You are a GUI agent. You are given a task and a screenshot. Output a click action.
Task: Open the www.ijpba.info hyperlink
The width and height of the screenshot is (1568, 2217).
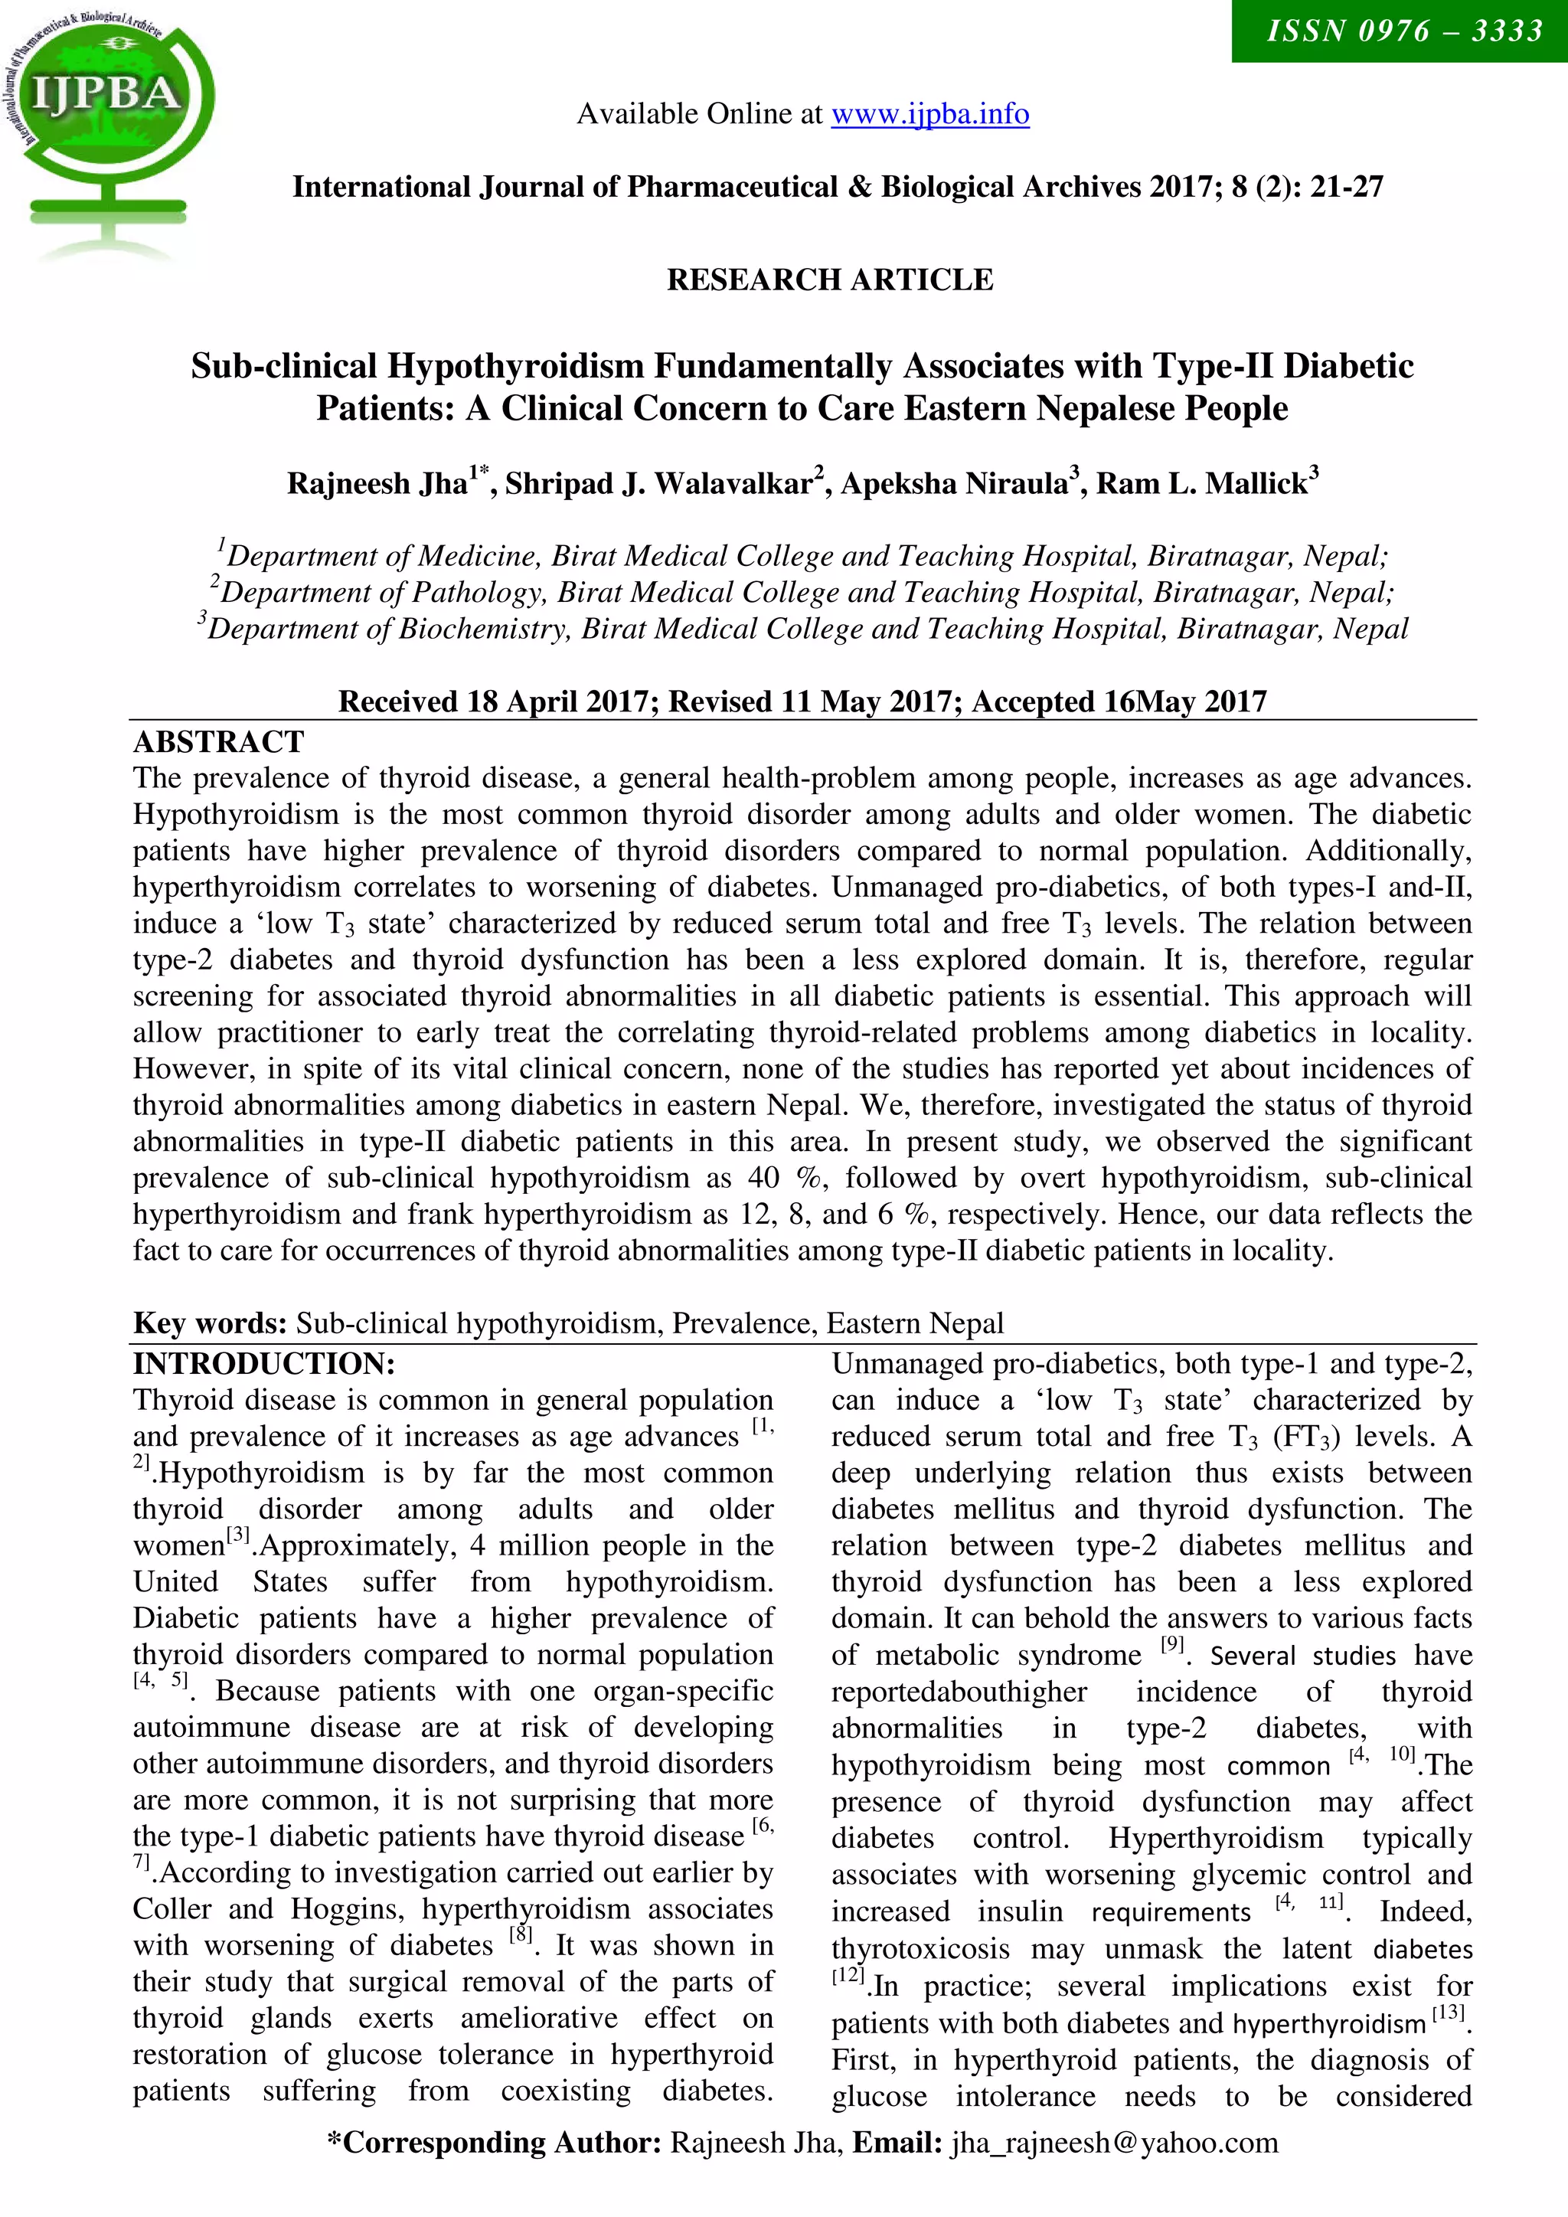coord(929,114)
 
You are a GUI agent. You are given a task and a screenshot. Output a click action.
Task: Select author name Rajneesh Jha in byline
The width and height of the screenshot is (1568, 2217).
coord(377,482)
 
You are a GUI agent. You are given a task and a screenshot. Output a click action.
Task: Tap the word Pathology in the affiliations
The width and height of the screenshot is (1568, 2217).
coord(480,592)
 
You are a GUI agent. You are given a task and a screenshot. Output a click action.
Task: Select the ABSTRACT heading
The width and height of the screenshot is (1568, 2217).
coord(218,741)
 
